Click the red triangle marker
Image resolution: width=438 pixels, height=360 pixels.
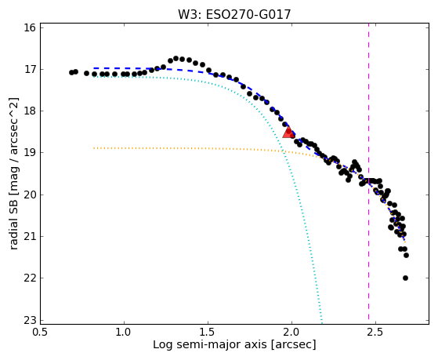[x=288, y=132]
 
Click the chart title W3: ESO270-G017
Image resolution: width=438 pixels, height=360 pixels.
[x=234, y=15]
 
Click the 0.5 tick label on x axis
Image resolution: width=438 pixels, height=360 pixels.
[x=41, y=332]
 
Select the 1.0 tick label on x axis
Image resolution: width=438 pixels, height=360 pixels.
[x=125, y=332]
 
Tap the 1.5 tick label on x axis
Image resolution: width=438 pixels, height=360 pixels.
[x=208, y=332]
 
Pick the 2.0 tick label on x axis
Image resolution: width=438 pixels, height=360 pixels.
[x=292, y=332]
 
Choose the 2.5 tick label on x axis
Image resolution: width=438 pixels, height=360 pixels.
[x=375, y=332]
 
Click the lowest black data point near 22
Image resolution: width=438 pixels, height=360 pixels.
[x=405, y=278]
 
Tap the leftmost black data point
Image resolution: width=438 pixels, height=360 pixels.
[x=71, y=72]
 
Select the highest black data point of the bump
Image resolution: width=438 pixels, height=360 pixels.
[x=176, y=58]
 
